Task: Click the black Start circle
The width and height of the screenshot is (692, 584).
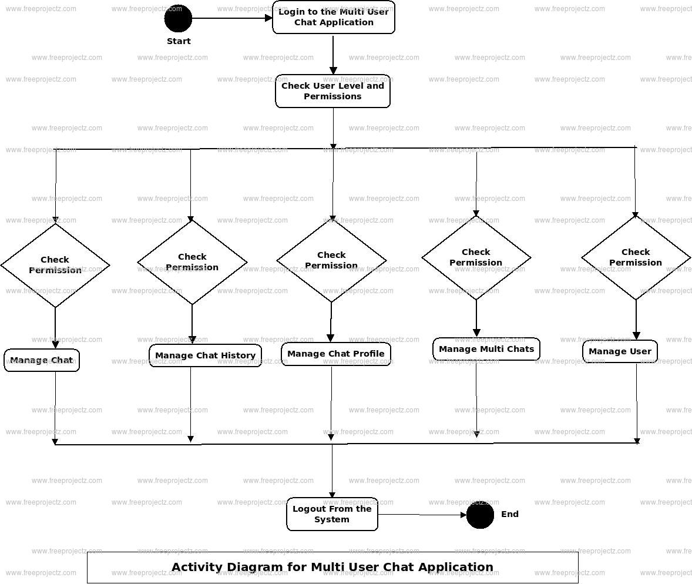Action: click(178, 18)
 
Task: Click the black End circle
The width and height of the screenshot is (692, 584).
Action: click(480, 515)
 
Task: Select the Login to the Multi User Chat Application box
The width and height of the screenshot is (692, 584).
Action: click(333, 18)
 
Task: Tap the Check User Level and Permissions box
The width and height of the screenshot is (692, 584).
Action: click(332, 91)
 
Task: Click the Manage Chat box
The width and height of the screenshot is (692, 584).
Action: click(42, 360)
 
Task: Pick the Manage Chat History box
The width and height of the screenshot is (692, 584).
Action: click(205, 355)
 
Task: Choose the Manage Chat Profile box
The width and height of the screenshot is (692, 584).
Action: click(335, 354)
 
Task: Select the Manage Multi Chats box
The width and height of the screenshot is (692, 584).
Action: click(486, 349)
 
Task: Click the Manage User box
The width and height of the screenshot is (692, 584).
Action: click(620, 351)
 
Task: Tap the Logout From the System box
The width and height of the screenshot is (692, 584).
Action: click(332, 514)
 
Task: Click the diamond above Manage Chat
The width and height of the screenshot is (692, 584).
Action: click(55, 265)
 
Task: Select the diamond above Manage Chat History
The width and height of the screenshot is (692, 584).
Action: click(192, 262)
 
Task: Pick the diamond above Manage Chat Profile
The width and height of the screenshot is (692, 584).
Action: click(331, 260)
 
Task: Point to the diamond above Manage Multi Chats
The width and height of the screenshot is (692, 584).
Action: click(476, 257)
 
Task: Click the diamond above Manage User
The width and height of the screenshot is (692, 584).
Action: click(636, 257)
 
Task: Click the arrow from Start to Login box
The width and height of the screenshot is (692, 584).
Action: click(232, 18)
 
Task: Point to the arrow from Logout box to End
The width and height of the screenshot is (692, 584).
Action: click(422, 515)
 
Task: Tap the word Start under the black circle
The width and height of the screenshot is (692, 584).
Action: click(179, 41)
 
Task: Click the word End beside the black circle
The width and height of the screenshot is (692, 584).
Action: click(510, 514)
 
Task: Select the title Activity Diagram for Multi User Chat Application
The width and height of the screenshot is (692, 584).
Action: click(332, 568)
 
